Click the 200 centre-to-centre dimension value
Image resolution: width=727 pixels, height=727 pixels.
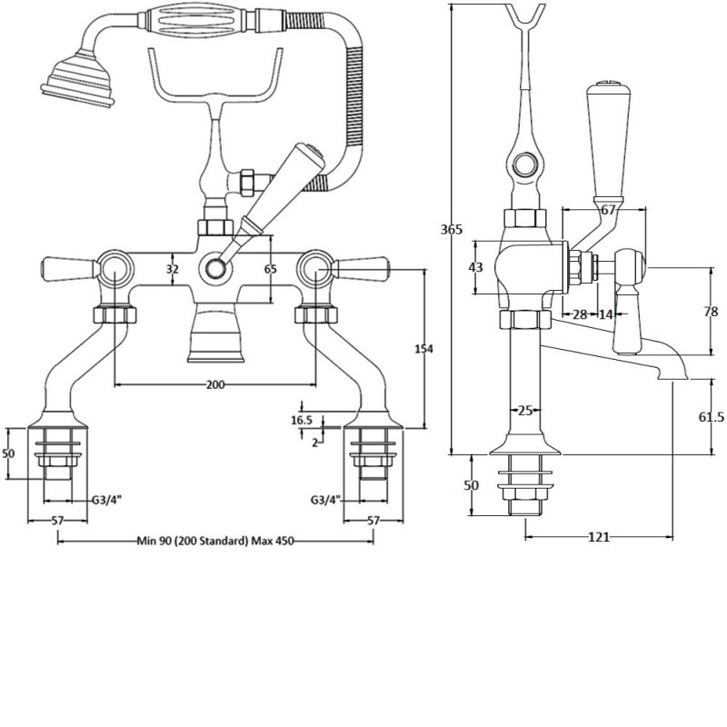coord(214,384)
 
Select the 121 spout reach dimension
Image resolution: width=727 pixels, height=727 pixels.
coord(598,537)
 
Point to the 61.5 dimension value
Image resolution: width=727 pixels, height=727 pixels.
coord(711,415)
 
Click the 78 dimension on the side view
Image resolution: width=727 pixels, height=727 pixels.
coord(711,312)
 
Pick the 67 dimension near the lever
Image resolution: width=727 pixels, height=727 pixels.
coord(608,211)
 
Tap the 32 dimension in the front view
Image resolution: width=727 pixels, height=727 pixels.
coord(172,269)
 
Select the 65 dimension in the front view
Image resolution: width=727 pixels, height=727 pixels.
coord(270,269)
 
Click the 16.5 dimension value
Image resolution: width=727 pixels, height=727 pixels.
coord(302,420)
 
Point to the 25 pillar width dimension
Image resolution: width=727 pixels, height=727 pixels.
coord(524,411)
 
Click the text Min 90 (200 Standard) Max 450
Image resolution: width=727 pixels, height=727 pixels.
coord(214,541)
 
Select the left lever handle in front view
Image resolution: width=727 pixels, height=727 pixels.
coord(68,268)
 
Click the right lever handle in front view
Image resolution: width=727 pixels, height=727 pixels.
coord(363,268)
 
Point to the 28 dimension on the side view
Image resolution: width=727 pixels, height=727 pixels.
coord(579,314)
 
